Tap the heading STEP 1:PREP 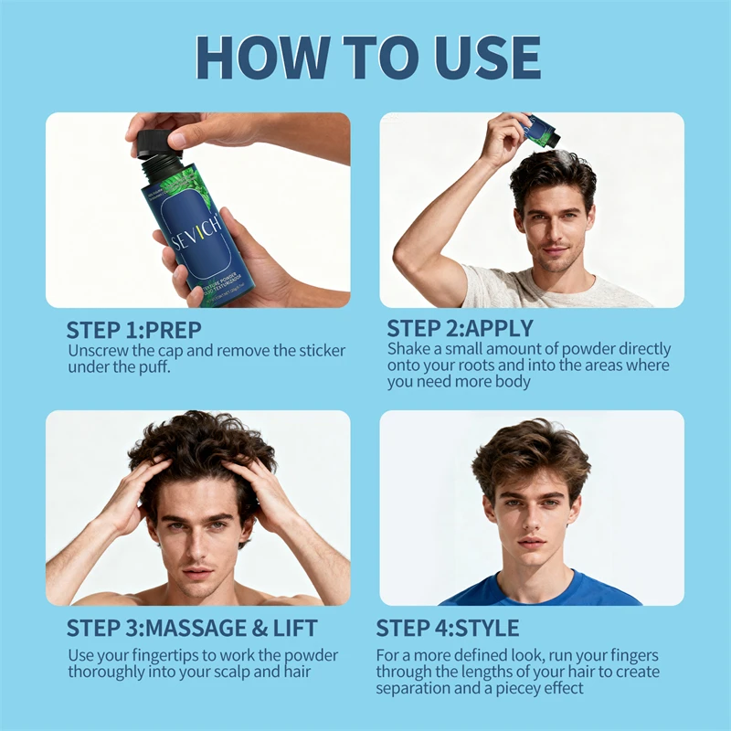click(133, 329)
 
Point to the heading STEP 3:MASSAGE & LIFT click(192, 629)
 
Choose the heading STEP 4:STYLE click(448, 629)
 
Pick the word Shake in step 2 click(408, 349)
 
